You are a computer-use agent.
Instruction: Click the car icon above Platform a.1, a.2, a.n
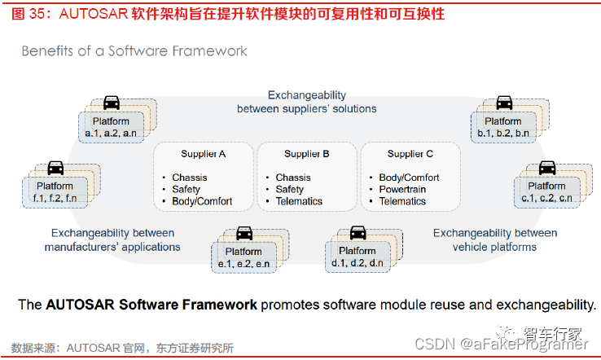click(112, 103)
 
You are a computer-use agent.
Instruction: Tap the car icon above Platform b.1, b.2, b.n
click(504, 103)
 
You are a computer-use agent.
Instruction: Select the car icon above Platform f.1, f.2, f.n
click(55, 168)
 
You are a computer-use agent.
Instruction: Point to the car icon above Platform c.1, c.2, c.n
click(546, 169)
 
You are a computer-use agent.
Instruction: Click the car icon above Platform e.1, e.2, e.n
click(243, 234)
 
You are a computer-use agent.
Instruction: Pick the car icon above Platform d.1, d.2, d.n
click(358, 233)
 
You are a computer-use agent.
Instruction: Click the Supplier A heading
click(204, 154)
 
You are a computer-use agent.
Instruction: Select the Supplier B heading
click(307, 154)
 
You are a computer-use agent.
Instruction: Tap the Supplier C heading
click(410, 154)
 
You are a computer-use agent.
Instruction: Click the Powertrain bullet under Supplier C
click(403, 189)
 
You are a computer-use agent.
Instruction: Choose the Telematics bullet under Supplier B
click(299, 201)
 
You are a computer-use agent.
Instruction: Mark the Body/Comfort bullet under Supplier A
click(202, 201)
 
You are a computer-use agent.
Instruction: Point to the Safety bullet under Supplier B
click(289, 189)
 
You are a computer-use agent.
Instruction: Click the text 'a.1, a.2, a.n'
click(111, 133)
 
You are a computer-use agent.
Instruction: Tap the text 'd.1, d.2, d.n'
click(358, 262)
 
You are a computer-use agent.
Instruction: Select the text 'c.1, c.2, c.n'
click(546, 198)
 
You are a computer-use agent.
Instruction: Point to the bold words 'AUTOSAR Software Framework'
click(151, 305)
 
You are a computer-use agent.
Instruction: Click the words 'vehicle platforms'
click(495, 246)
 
